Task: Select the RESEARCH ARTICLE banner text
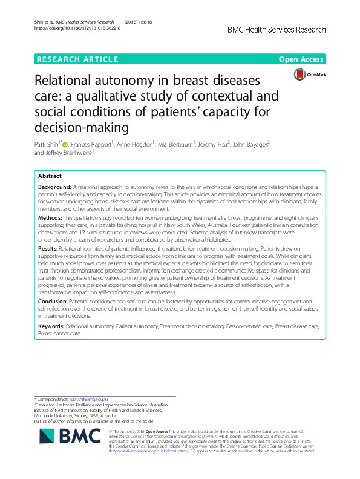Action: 77,59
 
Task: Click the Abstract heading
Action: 50,176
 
